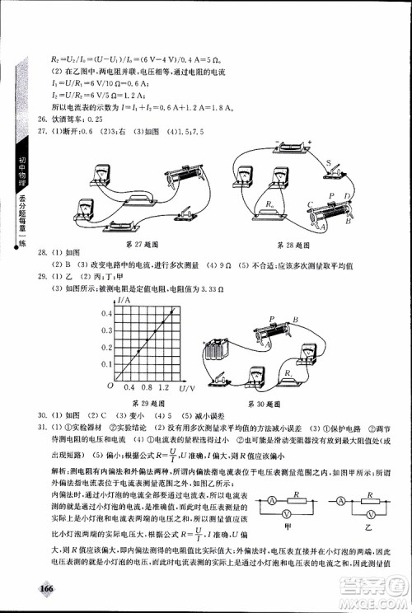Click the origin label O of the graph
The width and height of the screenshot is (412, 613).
coord(109,386)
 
